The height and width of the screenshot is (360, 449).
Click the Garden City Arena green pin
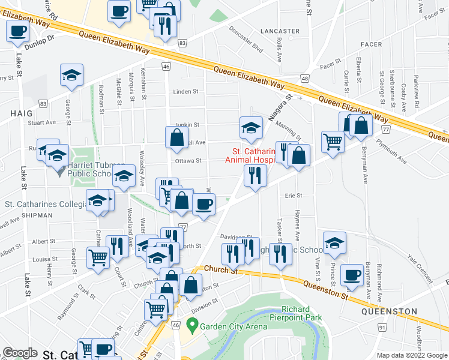pos(192,327)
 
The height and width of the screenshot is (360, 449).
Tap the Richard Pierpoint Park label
pos(303,314)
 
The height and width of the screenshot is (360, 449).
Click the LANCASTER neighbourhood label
pos(281,31)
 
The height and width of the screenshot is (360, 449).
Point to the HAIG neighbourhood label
pos(20,112)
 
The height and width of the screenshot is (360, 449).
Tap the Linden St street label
pos(185,92)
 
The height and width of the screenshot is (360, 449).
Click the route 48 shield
pos(305,79)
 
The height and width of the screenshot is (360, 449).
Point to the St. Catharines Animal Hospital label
pos(250,155)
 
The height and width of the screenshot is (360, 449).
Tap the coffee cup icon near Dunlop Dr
pos(17,31)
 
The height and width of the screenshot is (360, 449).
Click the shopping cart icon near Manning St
pos(332,142)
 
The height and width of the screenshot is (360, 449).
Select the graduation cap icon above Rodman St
pos(71,74)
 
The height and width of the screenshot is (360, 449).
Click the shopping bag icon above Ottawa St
pos(176,137)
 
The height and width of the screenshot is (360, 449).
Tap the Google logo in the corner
pos(20,353)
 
